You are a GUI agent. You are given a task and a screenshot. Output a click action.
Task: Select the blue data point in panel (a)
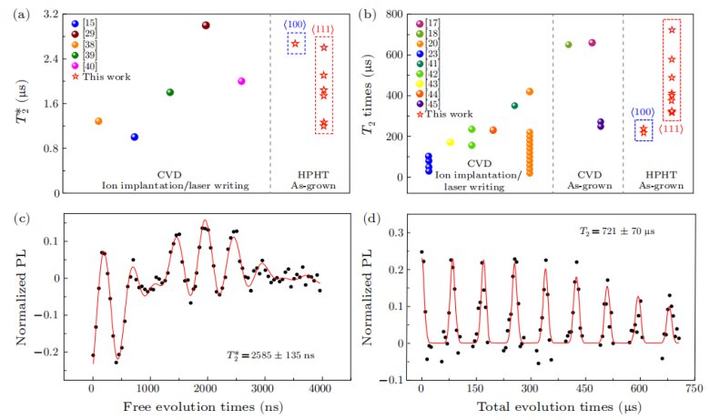[135, 137]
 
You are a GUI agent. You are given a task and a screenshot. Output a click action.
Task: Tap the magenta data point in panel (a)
[241, 81]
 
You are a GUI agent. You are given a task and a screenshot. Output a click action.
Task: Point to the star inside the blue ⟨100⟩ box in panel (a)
[295, 44]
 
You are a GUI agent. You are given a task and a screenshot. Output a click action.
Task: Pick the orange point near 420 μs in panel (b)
[530, 91]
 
